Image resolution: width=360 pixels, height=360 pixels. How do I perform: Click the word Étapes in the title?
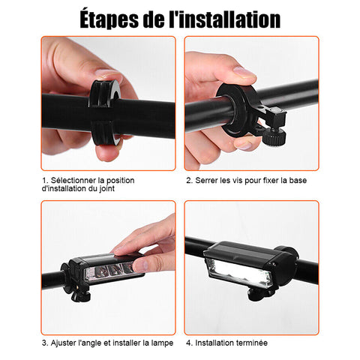click(109, 19)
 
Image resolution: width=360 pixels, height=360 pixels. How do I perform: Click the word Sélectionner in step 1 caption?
click(73, 180)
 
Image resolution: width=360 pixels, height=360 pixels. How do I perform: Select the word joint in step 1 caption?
click(107, 188)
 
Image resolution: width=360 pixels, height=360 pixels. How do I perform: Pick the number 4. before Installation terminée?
click(189, 343)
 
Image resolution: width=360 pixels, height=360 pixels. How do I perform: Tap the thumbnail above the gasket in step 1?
click(109, 74)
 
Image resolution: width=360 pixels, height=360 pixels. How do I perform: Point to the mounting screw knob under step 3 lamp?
click(79, 295)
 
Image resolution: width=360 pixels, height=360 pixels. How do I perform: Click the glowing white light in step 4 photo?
click(239, 272)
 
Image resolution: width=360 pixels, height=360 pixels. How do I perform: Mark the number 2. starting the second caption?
click(189, 180)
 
